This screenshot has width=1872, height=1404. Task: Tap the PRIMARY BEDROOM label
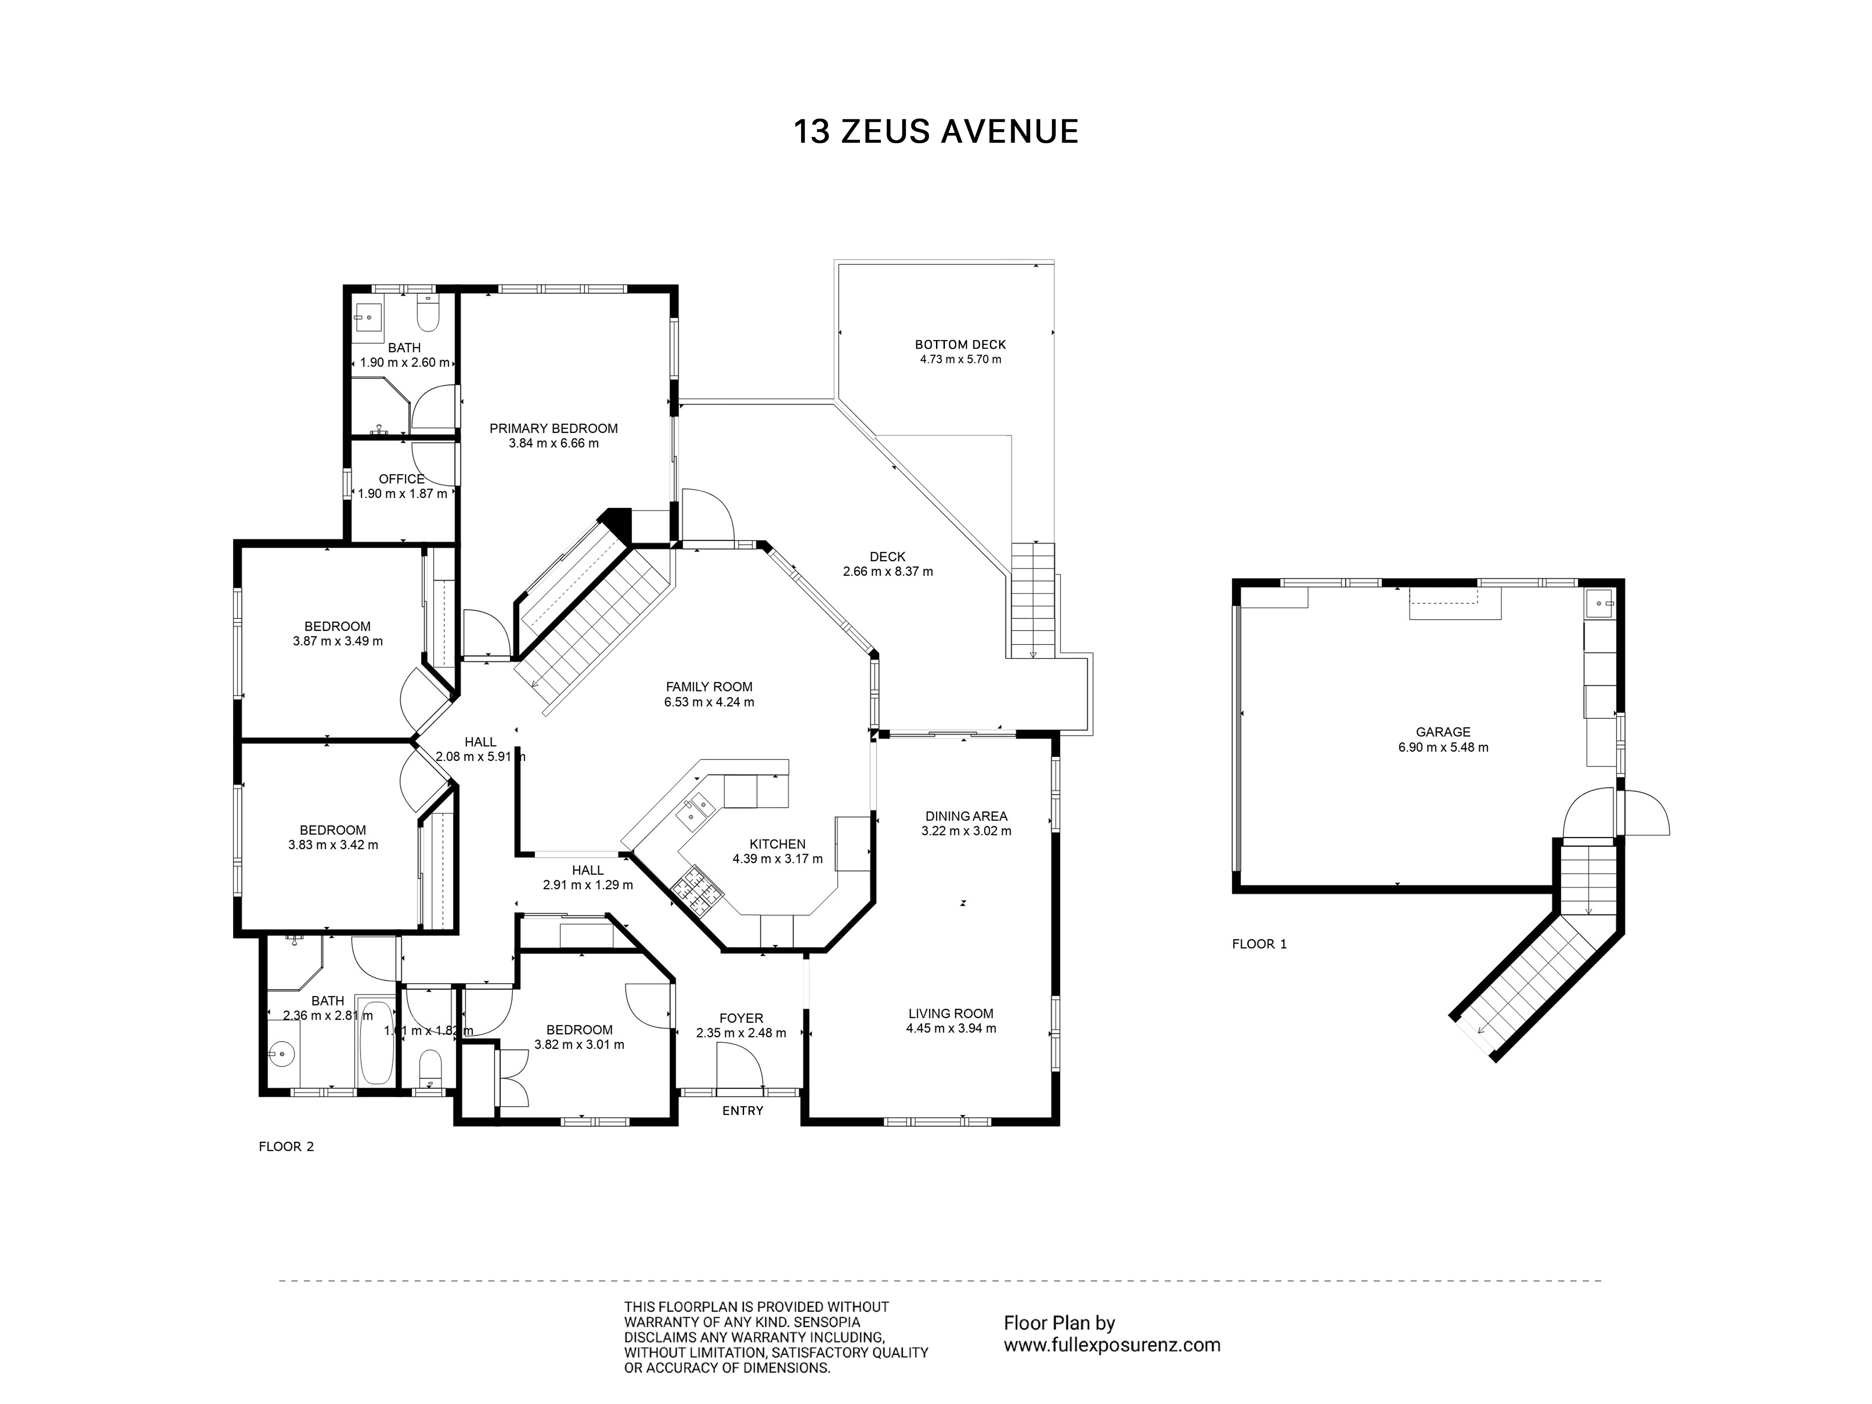click(x=554, y=428)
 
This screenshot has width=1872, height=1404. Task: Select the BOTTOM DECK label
click(x=960, y=344)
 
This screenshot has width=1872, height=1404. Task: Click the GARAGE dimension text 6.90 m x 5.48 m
click(x=1443, y=747)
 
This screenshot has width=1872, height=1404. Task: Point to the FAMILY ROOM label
click(x=709, y=687)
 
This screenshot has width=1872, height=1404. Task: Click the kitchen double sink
click(x=697, y=810)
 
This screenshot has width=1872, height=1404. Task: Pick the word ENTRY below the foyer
click(x=743, y=1111)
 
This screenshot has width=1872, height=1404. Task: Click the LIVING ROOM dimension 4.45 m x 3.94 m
click(x=951, y=1028)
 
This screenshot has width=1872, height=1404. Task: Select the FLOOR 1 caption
click(x=1259, y=943)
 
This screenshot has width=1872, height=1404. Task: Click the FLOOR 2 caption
click(x=286, y=1147)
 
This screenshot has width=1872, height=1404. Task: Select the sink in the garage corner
click(x=1601, y=604)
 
